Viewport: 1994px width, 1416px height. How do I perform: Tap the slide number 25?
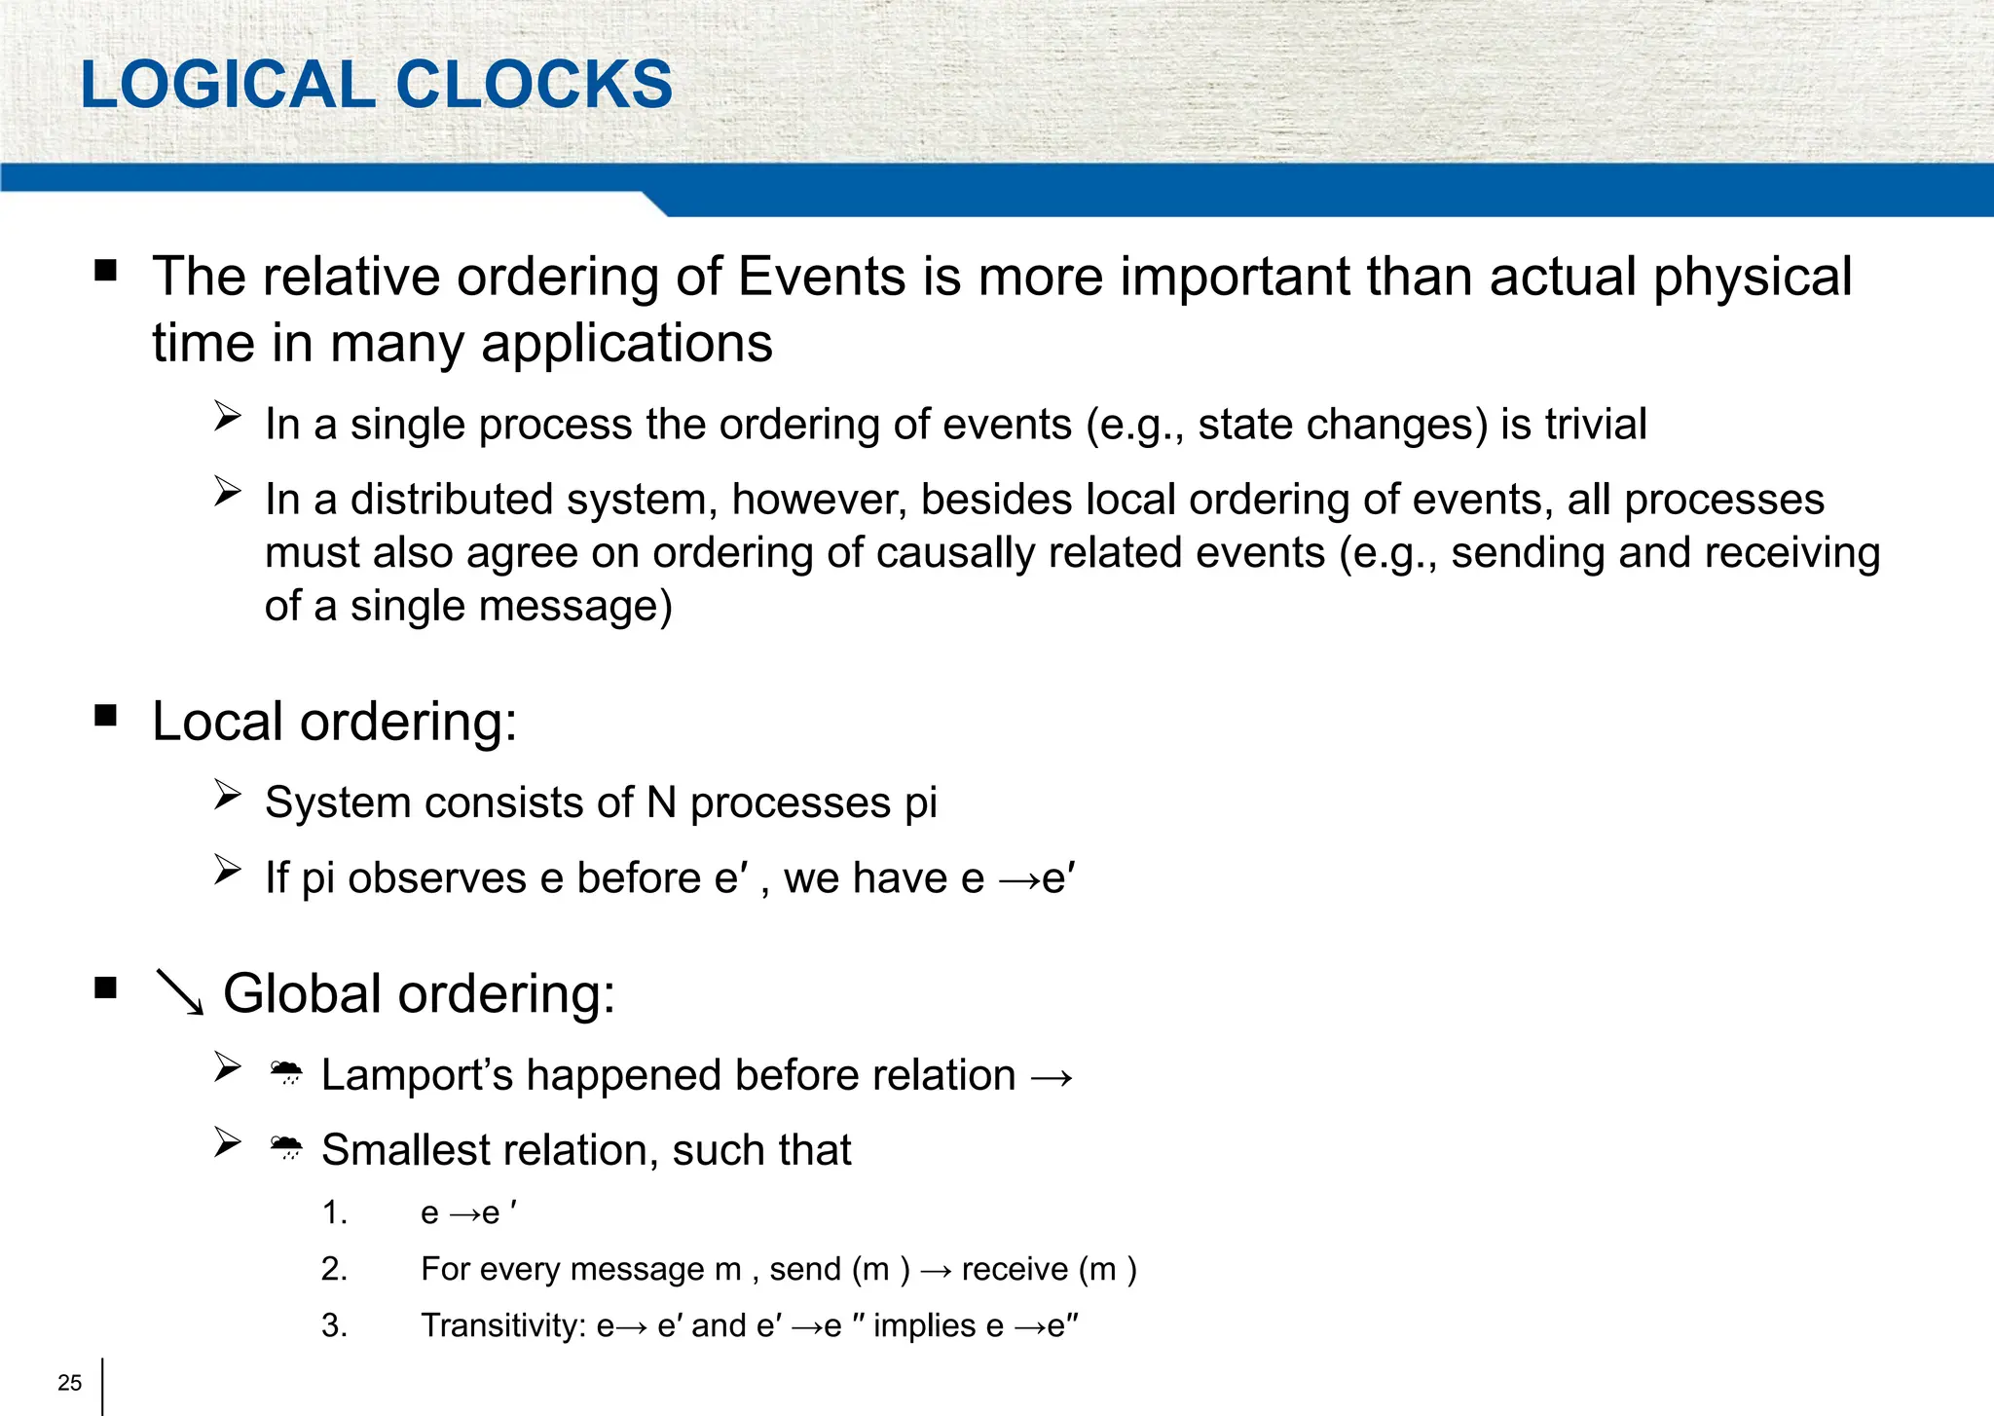click(70, 1383)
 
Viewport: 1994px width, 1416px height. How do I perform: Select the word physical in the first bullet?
click(1753, 279)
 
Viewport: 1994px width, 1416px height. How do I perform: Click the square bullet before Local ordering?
click(106, 717)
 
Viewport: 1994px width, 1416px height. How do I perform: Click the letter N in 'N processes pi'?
click(661, 803)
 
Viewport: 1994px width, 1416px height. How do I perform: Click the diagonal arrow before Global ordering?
click(180, 993)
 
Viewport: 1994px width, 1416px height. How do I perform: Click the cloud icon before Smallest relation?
click(286, 1148)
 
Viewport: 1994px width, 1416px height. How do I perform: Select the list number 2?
click(334, 1269)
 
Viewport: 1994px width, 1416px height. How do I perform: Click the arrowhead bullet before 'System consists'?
click(228, 796)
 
